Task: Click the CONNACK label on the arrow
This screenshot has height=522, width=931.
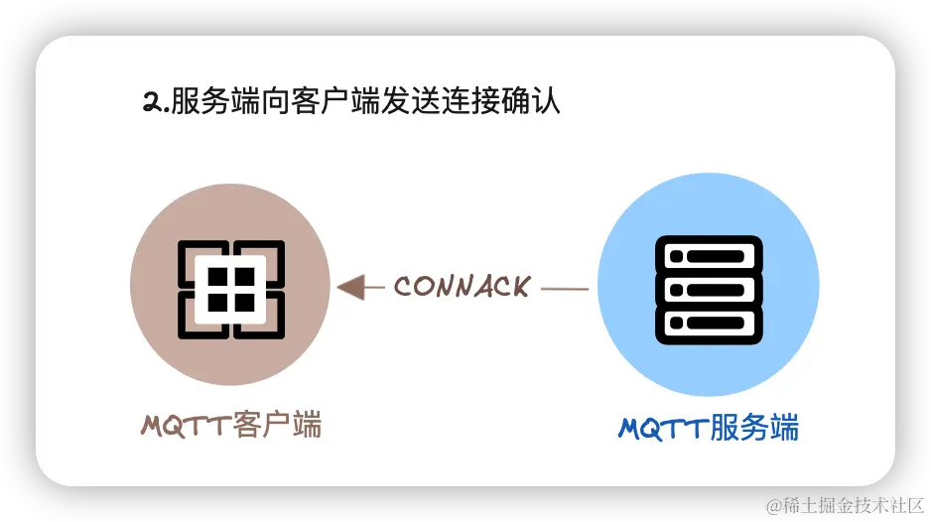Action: tap(462, 287)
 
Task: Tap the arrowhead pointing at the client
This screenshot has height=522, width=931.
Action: tap(348, 288)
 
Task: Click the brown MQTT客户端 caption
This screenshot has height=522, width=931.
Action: tap(231, 426)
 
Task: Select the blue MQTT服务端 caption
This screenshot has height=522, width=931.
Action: tap(709, 428)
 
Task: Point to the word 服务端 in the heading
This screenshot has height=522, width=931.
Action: tap(209, 102)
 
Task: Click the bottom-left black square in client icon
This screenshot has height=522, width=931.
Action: tap(217, 301)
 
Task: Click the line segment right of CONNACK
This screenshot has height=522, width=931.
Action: tap(566, 289)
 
